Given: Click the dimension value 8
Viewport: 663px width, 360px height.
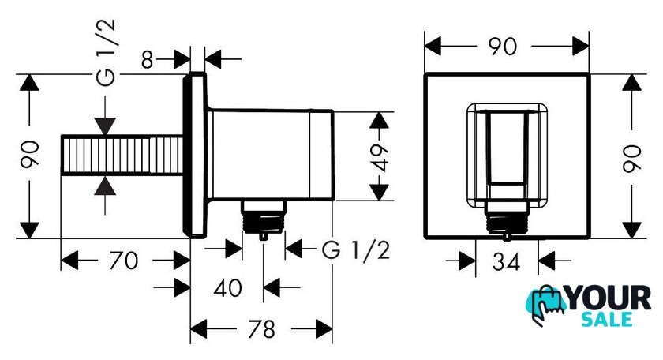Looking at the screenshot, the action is pos(147,60).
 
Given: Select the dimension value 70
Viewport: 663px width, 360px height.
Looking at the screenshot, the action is pos(124,261).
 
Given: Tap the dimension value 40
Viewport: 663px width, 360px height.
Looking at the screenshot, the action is pos(228,288).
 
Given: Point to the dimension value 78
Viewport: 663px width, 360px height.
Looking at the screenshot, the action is pos(262,328).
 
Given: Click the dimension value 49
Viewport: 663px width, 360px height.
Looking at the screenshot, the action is pos(380,157).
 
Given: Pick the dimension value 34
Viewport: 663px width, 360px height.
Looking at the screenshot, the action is pos(506,262).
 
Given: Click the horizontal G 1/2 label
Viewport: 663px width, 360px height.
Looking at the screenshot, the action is pos(356,250).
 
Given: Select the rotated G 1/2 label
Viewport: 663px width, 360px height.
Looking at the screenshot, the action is pos(106,53).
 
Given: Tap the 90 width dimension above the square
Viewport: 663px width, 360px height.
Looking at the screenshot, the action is pos(503,46).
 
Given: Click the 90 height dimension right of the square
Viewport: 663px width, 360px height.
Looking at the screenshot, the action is pos(631,158).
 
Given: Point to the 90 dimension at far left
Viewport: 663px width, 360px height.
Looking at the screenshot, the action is pos(31,154).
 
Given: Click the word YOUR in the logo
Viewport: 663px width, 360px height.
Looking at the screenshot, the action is pos(609,298).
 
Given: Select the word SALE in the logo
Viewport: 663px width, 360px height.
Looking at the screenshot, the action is pos(607,319).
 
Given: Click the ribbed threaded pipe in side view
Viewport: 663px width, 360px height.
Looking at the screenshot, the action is pos(122,155).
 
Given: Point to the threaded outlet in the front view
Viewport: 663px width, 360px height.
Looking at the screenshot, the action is pos(507,219).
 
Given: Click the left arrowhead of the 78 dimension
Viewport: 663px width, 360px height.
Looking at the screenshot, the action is pos(198,328).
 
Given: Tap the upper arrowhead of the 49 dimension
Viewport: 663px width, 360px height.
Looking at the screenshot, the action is pos(379,120).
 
